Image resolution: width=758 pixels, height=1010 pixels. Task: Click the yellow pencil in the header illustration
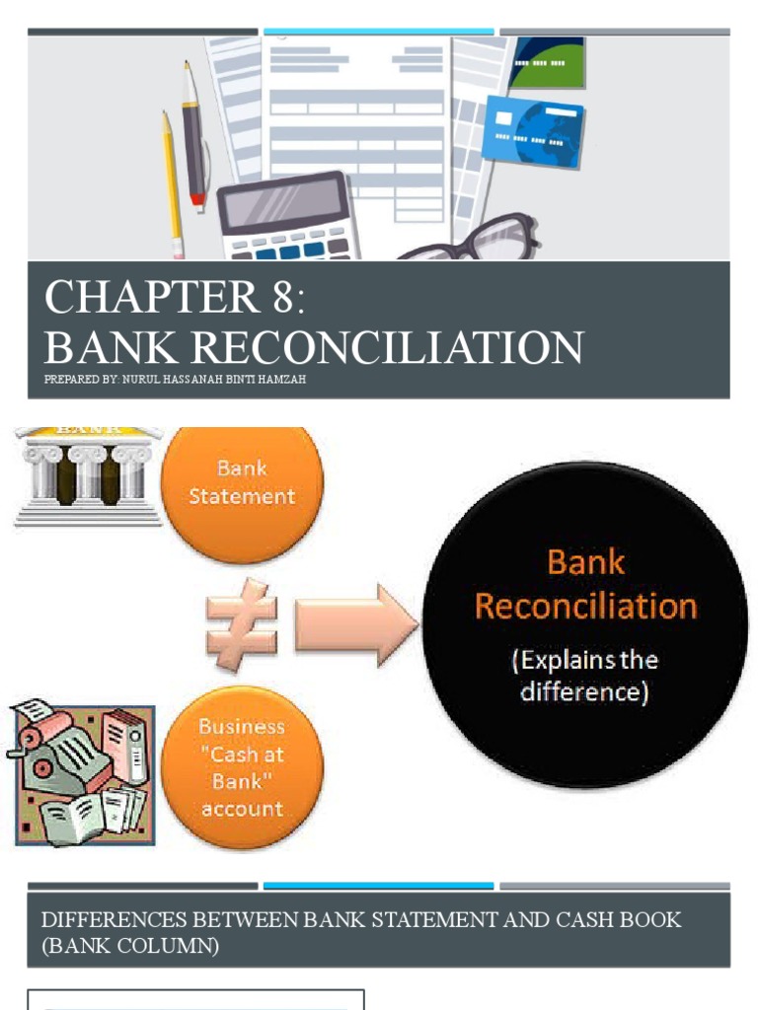coord(172,182)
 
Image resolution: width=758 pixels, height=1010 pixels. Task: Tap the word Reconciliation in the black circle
coord(585,606)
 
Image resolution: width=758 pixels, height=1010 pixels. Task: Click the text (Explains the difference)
coord(584,676)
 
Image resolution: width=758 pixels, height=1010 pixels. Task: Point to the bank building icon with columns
coord(89,474)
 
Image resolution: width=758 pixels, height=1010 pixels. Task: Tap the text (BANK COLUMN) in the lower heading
coord(130,946)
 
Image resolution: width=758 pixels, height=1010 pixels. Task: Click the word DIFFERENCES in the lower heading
coord(108,920)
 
